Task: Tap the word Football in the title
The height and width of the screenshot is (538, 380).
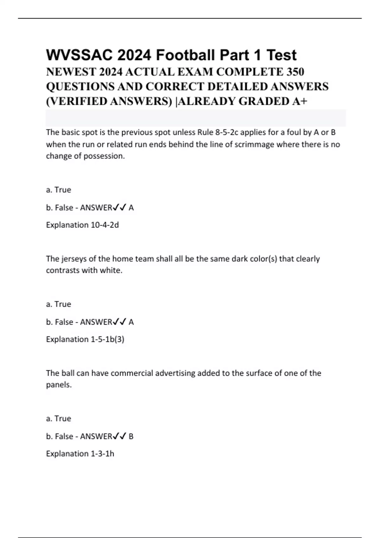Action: click(185, 55)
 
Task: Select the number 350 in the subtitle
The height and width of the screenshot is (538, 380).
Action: click(295, 72)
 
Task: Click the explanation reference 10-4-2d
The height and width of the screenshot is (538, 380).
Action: click(105, 225)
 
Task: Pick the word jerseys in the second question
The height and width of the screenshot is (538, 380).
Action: click(74, 259)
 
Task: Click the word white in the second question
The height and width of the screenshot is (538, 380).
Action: click(111, 271)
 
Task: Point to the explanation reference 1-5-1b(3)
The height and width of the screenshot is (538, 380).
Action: click(107, 339)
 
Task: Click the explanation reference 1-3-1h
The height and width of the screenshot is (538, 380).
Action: click(102, 454)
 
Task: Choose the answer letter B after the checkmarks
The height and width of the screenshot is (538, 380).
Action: click(131, 436)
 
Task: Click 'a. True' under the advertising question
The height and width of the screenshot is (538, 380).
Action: click(59, 418)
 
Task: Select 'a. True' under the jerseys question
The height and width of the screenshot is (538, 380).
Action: click(59, 304)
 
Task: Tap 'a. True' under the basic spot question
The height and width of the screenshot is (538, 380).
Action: click(59, 190)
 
